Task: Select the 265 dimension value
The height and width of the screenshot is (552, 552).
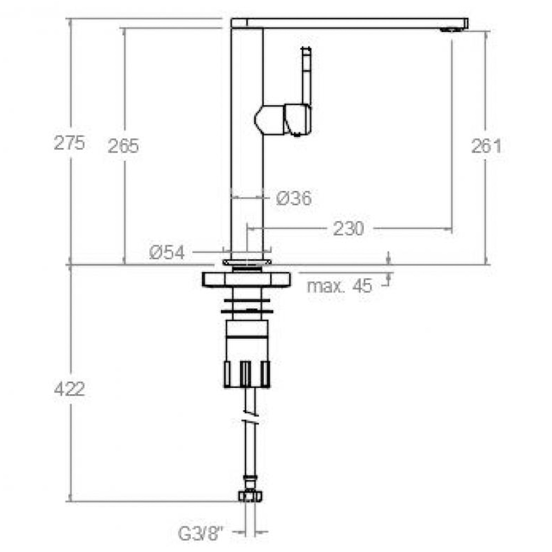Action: pos(123,146)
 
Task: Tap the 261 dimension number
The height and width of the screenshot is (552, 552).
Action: pos(486,146)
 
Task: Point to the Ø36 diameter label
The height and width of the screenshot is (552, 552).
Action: pos(294,198)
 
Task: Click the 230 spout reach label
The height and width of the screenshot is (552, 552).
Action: pos(349,229)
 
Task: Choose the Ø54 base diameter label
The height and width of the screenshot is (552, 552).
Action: pos(167,253)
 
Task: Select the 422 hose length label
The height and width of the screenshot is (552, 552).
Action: pos(70,389)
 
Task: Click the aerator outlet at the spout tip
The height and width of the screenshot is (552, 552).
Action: pos(451,30)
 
